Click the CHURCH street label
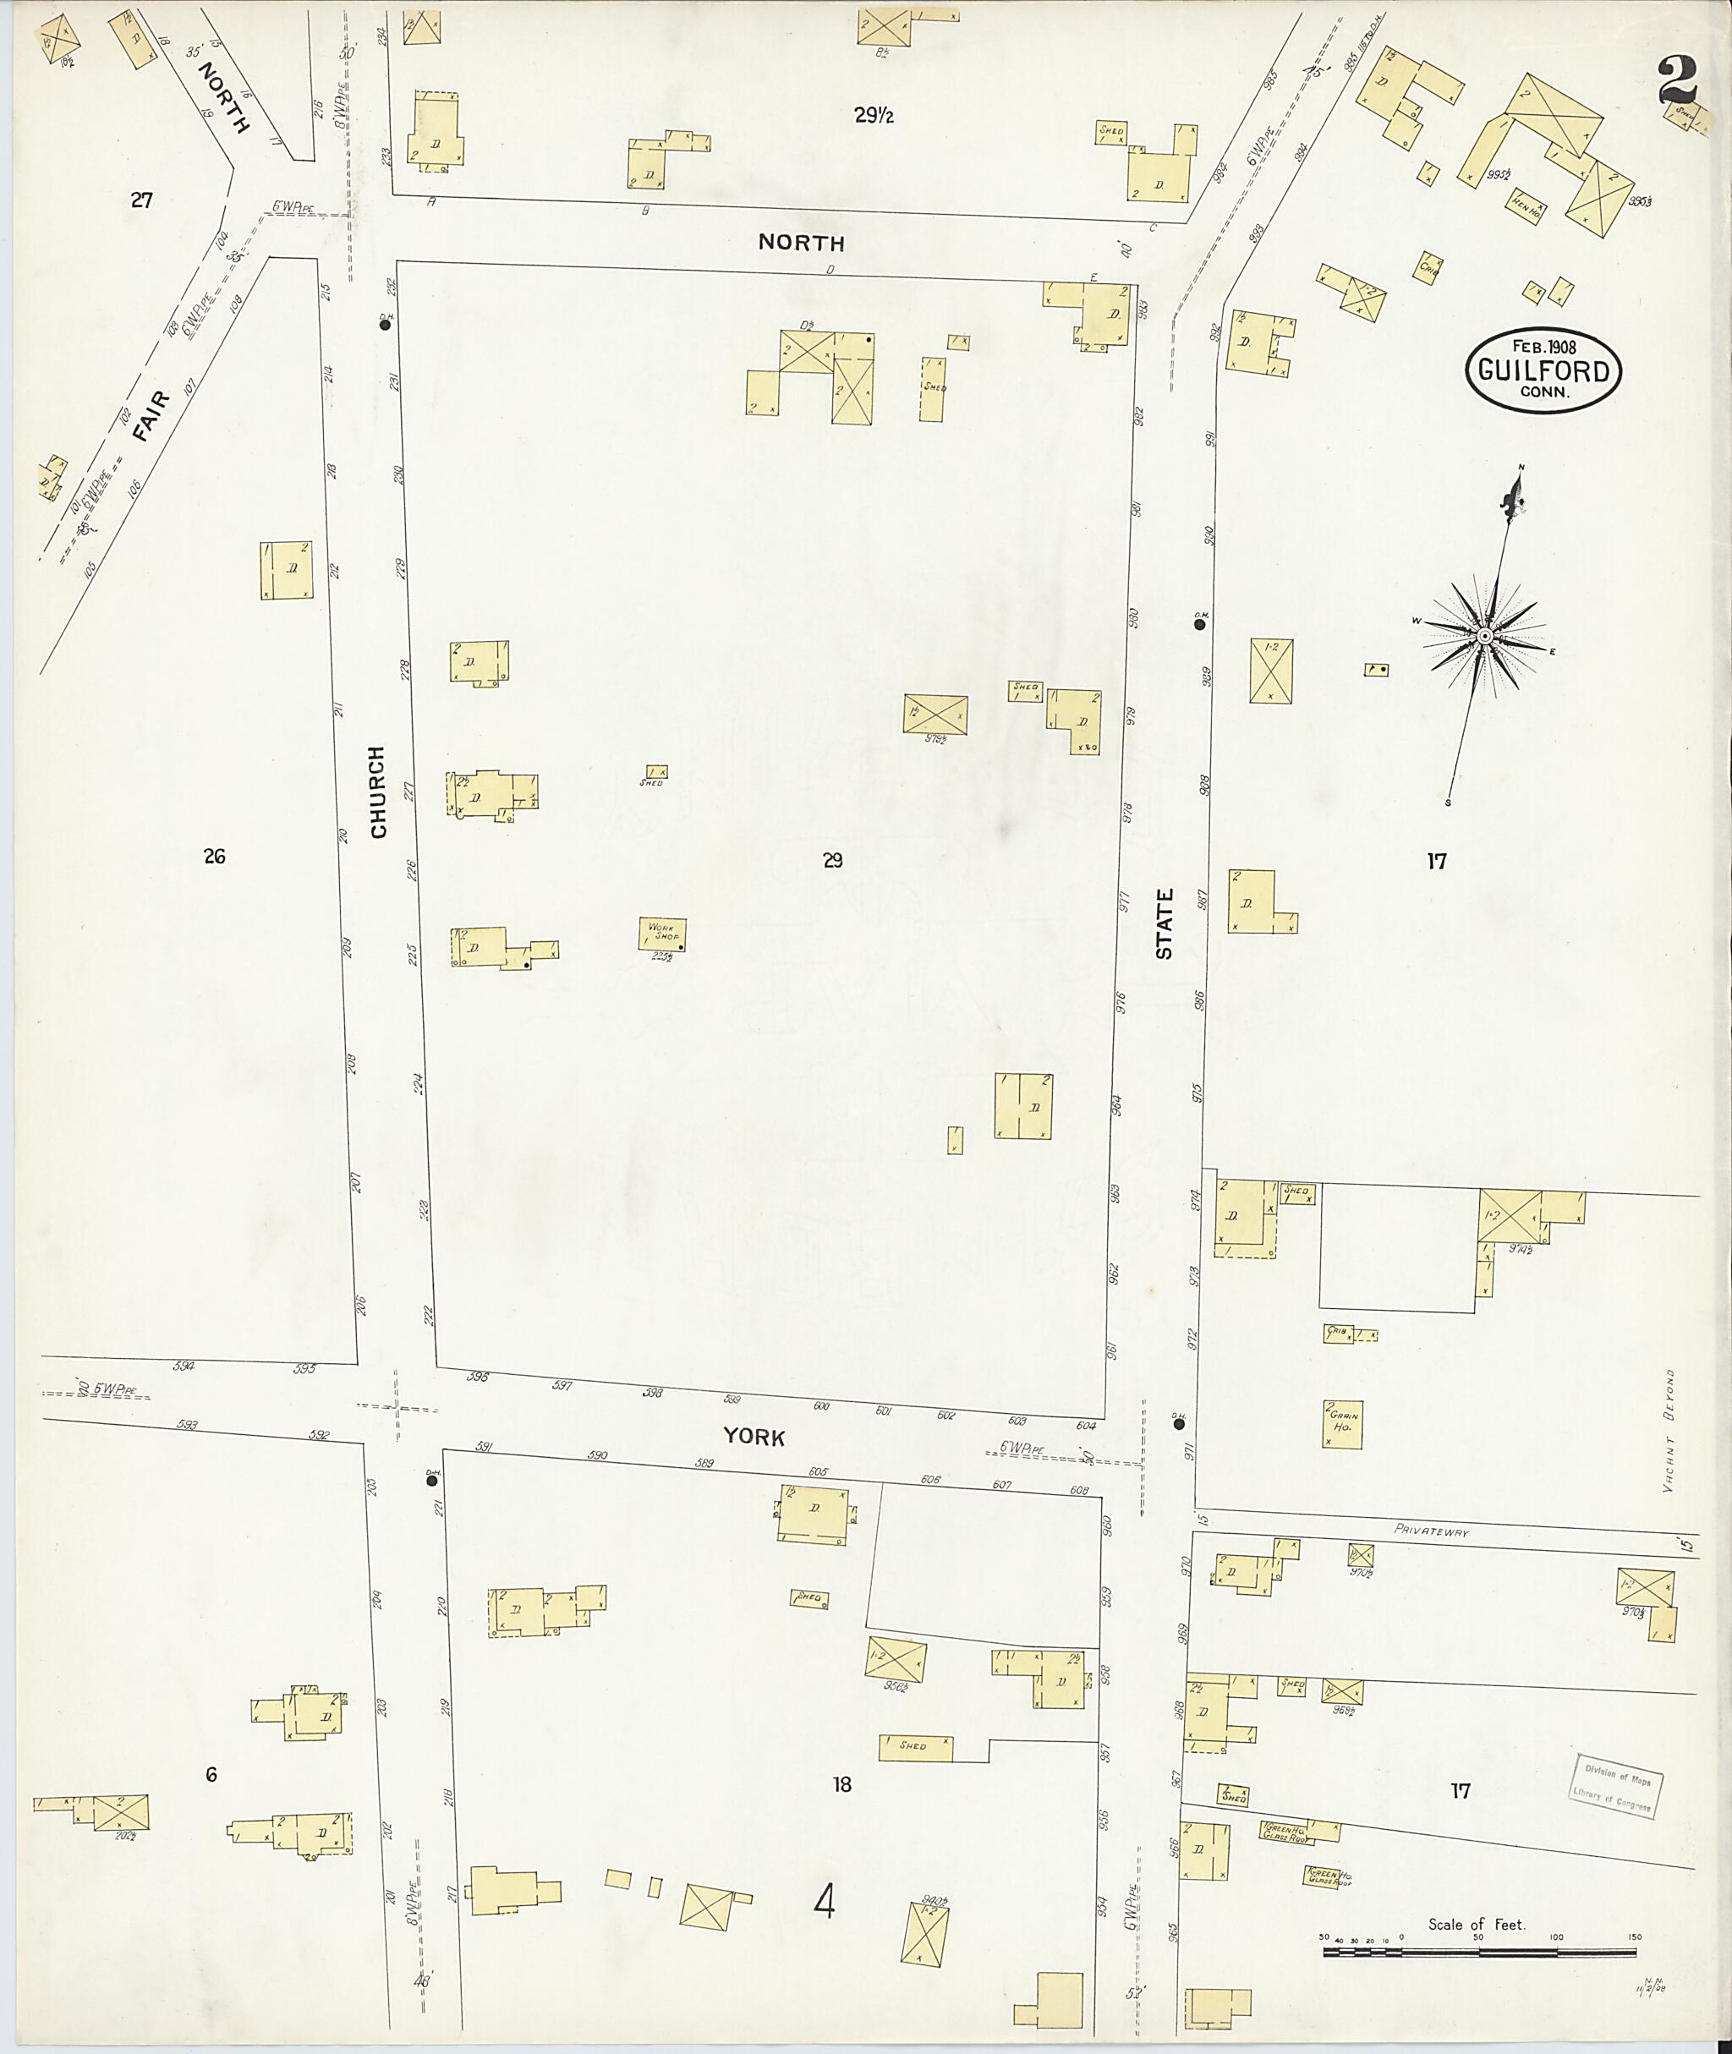379,792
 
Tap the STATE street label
1165,923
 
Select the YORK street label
754,1438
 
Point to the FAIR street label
151,417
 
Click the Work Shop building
662,934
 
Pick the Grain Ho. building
1343,1422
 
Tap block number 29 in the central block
833,861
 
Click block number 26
214,856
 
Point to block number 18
841,1785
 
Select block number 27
142,200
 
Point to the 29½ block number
873,116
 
